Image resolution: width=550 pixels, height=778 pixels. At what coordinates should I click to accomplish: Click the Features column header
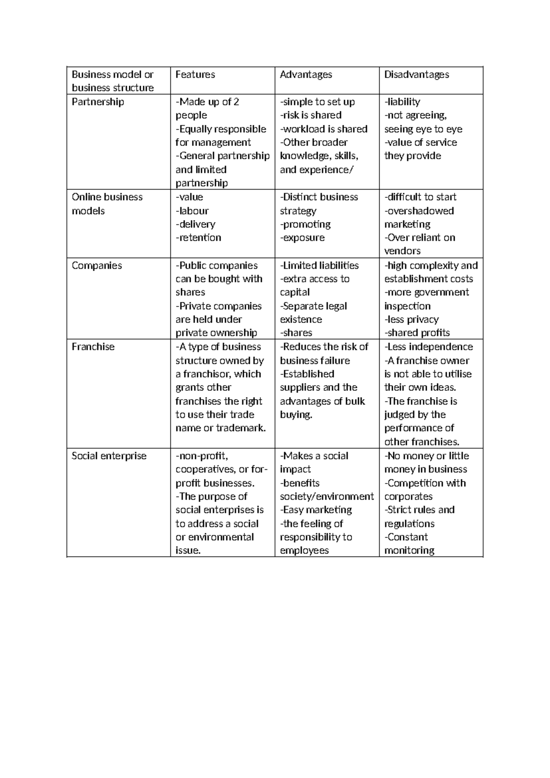195,74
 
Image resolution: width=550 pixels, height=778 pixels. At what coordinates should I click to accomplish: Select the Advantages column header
306,74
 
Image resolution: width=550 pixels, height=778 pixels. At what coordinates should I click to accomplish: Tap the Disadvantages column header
417,74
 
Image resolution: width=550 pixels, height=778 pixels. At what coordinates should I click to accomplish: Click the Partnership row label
98,102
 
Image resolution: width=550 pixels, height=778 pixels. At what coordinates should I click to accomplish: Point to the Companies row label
97,266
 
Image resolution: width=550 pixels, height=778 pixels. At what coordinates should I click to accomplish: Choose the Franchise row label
93,347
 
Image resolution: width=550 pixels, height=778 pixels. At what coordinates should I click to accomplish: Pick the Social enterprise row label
109,456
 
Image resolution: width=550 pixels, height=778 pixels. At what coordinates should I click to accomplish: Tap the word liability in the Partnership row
403,102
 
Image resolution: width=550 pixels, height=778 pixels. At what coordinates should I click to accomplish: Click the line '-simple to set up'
317,102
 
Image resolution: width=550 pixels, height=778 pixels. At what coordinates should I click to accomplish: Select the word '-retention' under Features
198,238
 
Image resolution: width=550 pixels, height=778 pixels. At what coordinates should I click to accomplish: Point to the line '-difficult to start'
420,197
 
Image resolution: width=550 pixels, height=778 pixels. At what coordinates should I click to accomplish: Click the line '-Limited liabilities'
319,266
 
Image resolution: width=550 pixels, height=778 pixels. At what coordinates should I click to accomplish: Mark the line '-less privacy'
411,319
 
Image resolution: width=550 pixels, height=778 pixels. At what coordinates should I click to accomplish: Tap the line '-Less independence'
429,347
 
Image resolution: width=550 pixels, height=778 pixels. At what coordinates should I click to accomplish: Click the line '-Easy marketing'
316,510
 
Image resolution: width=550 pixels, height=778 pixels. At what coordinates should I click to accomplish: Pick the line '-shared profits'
417,333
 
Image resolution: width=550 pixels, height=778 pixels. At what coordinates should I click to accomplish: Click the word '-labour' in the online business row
192,211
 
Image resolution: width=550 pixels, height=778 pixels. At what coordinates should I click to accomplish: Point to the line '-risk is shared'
311,115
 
